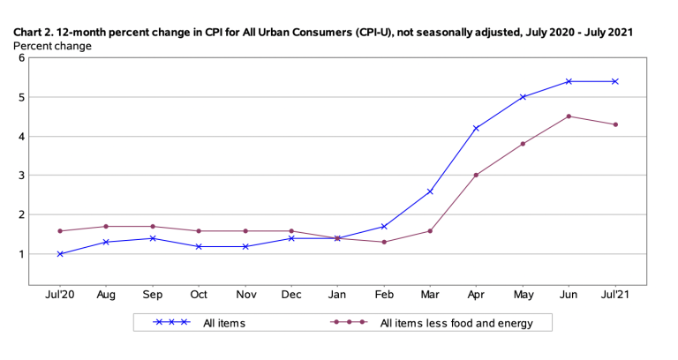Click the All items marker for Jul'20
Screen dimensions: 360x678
click(x=60, y=254)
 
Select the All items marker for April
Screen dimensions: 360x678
click(x=477, y=129)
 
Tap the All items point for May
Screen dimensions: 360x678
click(x=524, y=97)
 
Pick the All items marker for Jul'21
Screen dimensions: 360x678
click(x=615, y=81)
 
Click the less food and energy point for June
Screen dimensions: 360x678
click(x=569, y=116)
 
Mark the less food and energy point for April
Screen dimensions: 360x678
click(x=477, y=175)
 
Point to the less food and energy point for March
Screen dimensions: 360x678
click(x=430, y=231)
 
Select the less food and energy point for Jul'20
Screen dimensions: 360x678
click(x=60, y=231)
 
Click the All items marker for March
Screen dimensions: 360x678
click(x=430, y=191)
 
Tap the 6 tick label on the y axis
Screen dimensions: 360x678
click(x=20, y=58)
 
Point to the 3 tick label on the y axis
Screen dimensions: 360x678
click(x=20, y=176)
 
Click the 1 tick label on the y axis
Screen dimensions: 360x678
click(x=20, y=254)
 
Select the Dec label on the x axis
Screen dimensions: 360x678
click(x=291, y=294)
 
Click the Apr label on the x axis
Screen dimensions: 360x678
click(x=477, y=294)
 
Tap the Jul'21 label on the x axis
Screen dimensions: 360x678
click(x=615, y=294)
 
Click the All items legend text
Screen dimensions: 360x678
click(x=224, y=324)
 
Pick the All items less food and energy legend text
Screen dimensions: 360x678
click(x=456, y=324)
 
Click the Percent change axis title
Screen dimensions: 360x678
click(x=51, y=46)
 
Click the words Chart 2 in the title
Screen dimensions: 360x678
click(x=34, y=32)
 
